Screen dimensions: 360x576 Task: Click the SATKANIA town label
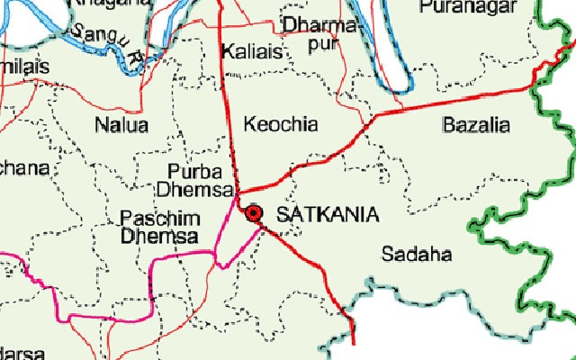tap(328, 214)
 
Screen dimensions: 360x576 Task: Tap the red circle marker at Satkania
tap(254, 212)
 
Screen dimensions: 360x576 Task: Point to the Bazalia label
tap(476, 124)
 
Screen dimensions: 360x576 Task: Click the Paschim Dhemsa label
tap(158, 228)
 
